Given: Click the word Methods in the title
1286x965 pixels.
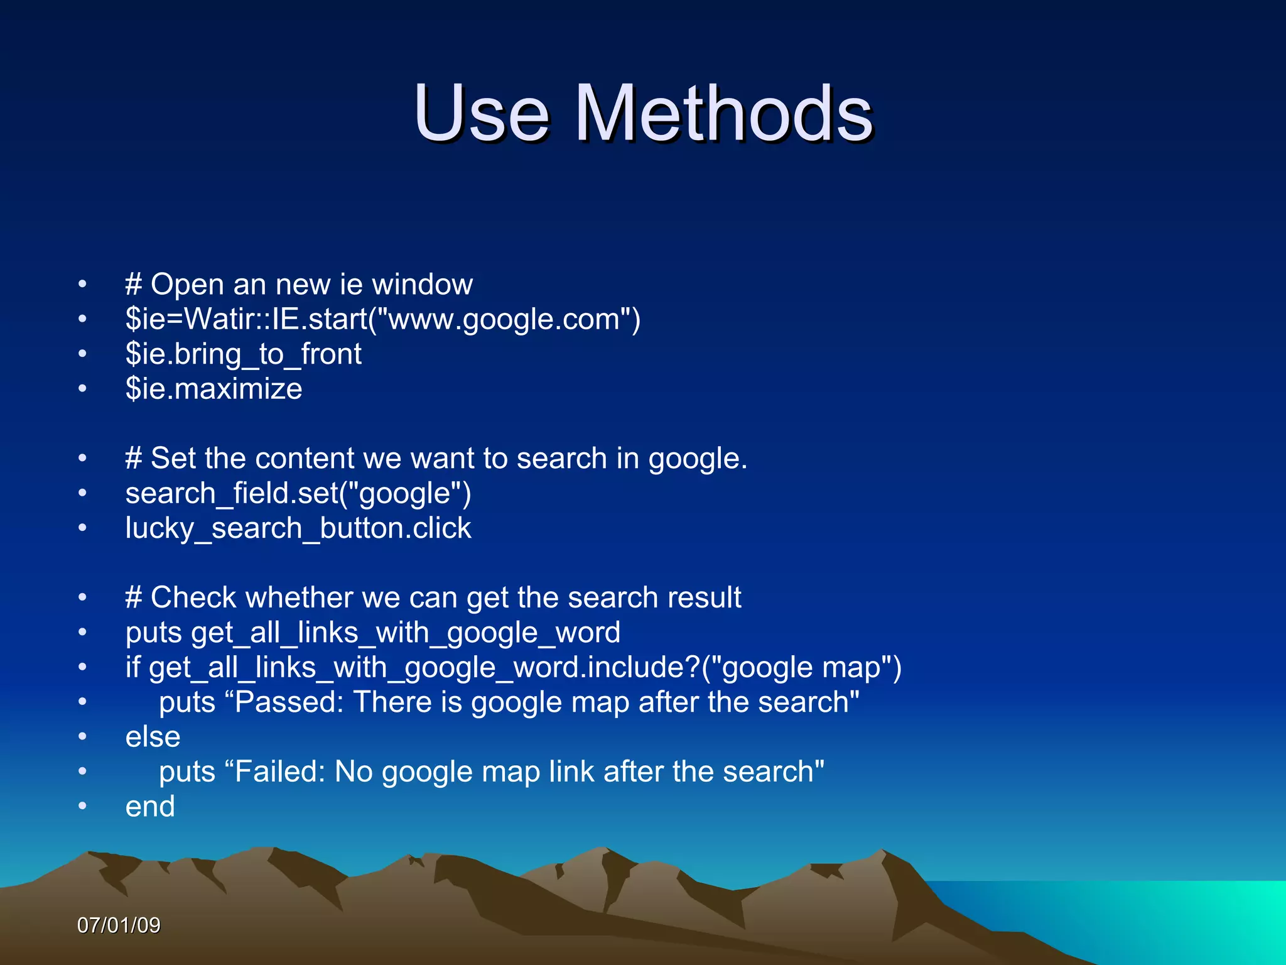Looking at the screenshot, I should tap(723, 114).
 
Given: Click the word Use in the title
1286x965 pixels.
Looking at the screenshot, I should tap(482, 114).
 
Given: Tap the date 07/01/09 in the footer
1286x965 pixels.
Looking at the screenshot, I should tap(119, 925).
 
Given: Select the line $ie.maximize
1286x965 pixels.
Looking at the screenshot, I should tap(213, 389).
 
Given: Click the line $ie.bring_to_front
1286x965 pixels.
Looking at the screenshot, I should tap(243, 354).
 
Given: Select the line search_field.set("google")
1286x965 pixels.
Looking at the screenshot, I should tap(298, 493).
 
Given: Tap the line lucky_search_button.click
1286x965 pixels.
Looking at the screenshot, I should tap(298, 528).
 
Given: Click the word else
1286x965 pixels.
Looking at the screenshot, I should tap(153, 737).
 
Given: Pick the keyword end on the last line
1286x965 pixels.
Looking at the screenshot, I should tap(150, 807).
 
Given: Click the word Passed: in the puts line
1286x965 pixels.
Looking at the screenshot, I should tap(289, 702).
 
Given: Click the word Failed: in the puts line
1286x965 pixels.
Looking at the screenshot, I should tap(280, 772).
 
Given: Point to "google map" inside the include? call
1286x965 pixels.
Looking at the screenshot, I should tap(801, 667).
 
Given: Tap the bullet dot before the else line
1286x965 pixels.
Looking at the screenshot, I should tap(82, 737).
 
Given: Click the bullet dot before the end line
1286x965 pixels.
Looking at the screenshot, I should tap(82, 807).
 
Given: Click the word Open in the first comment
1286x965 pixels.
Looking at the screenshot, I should tap(187, 285).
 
